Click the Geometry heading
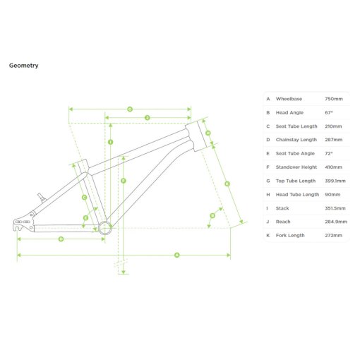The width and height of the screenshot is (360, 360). [23, 66]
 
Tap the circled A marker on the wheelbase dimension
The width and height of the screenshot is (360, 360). [177, 255]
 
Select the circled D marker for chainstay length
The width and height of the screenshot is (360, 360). [61, 239]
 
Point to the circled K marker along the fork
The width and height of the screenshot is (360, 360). [227, 184]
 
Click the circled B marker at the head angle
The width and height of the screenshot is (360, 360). [212, 215]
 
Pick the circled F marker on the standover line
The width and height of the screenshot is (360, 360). [124, 181]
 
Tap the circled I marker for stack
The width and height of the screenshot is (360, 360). [110, 142]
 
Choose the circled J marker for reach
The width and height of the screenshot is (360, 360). [148, 118]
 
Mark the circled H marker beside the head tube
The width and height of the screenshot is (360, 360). [208, 133]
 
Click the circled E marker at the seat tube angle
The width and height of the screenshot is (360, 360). [85, 218]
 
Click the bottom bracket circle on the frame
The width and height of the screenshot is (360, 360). [105, 228]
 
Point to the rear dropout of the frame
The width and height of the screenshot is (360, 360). [23, 222]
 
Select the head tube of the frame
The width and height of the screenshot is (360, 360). [196, 136]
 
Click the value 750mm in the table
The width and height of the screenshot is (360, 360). [334, 99]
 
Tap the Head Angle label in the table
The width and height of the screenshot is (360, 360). [289, 113]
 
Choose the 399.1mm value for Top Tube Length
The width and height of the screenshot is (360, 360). [335, 181]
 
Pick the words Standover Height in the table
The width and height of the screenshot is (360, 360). [296, 167]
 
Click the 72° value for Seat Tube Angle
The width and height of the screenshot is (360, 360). [329, 153]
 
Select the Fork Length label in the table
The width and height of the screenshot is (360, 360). [290, 236]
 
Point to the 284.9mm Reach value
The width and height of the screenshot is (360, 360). [336, 222]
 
